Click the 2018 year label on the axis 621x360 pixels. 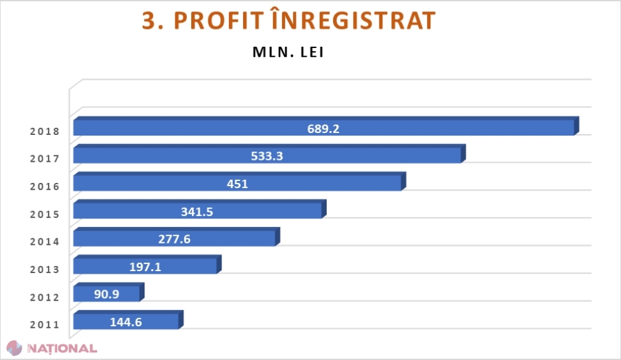click(x=44, y=132)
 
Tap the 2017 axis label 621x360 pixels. click(x=44, y=159)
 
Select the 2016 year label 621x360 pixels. click(x=44, y=187)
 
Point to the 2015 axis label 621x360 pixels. click(x=44, y=214)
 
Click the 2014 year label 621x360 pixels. click(x=44, y=242)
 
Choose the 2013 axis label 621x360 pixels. click(x=44, y=269)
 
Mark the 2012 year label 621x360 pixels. click(x=44, y=297)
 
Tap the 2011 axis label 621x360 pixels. click(x=44, y=324)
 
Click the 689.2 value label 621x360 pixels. click(x=323, y=128)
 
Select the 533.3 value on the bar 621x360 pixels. click(x=267, y=155)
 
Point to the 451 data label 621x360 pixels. click(x=237, y=184)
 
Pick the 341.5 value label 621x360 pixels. click(x=196, y=211)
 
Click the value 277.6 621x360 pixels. click(x=174, y=239)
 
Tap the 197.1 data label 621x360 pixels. click(x=145, y=267)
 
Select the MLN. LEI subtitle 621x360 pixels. click(x=288, y=52)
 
